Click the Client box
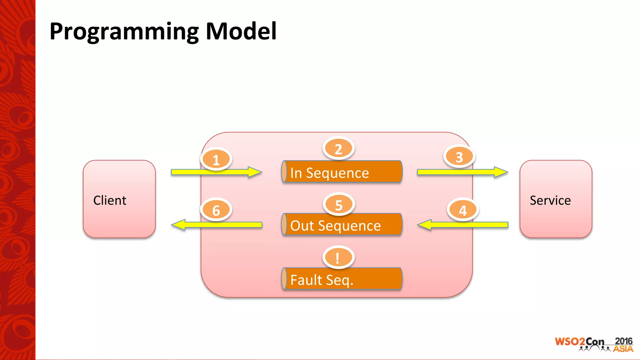coord(119,199)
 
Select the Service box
coord(556,199)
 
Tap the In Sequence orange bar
coord(342,172)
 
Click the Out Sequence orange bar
coord(342,225)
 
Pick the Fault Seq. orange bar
coord(342,279)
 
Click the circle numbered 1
coord(216,159)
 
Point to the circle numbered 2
coord(338,149)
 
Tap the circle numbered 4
coord(463,210)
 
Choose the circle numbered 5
coord(339,205)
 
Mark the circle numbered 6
coord(216,210)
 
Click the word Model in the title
coord(241,31)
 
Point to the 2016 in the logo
coord(623,341)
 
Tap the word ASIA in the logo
coord(623,349)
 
